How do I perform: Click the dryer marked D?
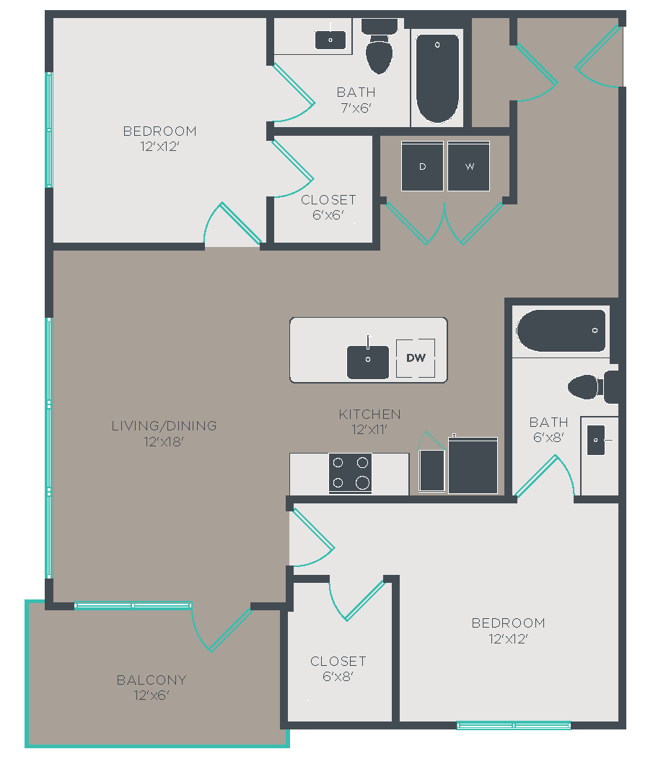pos(422,166)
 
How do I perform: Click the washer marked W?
pos(469,166)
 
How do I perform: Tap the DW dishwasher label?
pos(416,358)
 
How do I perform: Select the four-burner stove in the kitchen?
pos(350,473)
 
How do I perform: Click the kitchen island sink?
pos(368,362)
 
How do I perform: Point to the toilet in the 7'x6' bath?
pos(380,47)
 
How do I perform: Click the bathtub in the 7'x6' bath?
pos(437,78)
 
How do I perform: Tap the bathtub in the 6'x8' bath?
pos(561,331)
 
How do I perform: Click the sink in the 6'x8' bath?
pos(596,441)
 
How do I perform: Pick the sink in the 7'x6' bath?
pos(330,40)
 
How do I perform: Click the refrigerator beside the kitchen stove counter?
pos(473,465)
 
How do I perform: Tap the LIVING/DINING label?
pos(165,426)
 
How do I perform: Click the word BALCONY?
pos(152,680)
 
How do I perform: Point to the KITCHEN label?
pos(370,415)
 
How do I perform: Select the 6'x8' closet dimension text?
pos(338,677)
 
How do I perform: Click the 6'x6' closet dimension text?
pos(328,214)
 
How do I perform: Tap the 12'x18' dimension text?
pos(164,442)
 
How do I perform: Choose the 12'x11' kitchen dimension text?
pos(369,430)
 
